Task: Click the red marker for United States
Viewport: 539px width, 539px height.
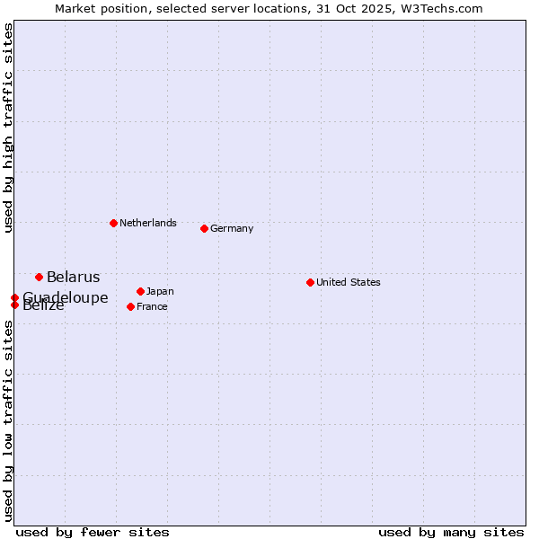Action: click(310, 282)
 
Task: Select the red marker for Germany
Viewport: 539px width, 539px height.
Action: click(204, 228)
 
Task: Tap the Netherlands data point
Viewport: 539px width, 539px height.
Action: click(113, 223)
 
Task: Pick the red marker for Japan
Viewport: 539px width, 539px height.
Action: click(140, 291)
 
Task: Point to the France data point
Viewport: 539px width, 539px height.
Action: click(130, 306)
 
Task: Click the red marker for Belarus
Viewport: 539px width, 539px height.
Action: click(39, 277)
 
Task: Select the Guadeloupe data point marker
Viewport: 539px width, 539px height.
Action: click(14, 297)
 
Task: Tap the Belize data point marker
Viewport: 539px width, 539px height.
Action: click(14, 305)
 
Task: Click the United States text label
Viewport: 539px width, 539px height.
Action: click(349, 282)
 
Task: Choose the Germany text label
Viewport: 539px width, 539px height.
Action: click(232, 228)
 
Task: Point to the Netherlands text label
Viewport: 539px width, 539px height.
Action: click(148, 223)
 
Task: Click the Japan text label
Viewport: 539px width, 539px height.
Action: click(160, 291)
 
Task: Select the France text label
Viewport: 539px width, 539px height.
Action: click(152, 306)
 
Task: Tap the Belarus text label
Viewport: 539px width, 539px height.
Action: click(74, 277)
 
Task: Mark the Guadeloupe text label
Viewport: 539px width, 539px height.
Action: click(66, 297)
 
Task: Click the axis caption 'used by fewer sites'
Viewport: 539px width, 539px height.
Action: click(93, 532)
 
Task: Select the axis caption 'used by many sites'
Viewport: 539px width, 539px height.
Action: click(451, 532)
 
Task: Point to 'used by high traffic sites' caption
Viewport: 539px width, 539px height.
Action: click(8, 128)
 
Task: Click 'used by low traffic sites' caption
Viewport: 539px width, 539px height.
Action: click(8, 420)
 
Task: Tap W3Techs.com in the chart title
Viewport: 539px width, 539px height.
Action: click(440, 8)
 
